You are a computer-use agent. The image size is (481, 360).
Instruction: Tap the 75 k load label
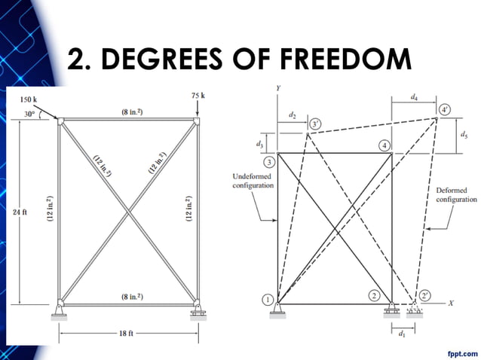199,96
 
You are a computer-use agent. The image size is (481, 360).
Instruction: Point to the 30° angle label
29,114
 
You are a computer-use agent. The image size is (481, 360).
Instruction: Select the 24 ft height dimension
20,212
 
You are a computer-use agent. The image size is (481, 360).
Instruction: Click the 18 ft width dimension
127,332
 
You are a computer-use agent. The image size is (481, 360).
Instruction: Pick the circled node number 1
268,300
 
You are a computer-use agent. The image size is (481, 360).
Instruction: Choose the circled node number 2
374,295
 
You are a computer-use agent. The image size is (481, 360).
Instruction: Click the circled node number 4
384,145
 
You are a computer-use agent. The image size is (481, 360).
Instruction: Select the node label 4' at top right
445,109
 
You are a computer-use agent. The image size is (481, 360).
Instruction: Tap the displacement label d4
415,97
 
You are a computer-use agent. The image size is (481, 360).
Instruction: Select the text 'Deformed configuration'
456,195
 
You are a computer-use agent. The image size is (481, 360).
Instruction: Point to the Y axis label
279,88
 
